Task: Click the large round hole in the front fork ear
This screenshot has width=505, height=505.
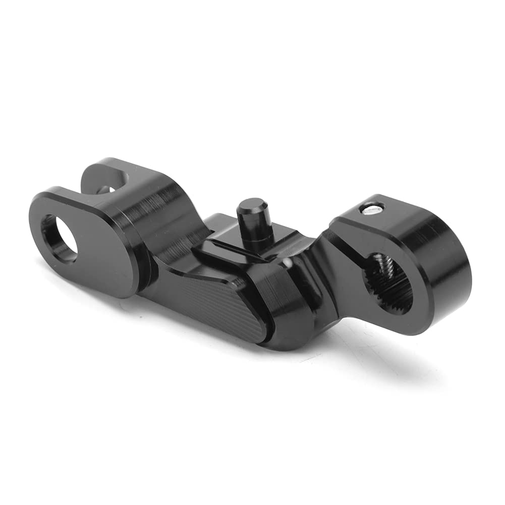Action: pos(59,238)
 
